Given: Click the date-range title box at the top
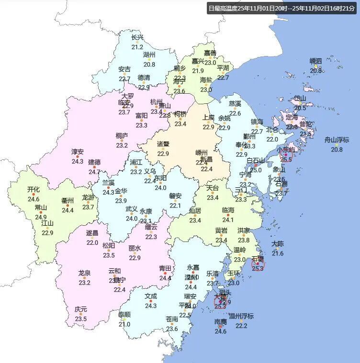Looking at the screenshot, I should (x=282, y=8).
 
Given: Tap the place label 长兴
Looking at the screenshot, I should (x=137, y=37).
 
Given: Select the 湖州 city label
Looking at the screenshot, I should (x=149, y=55).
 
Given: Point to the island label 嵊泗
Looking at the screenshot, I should (x=316, y=61).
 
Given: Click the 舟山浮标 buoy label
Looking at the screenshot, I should (x=337, y=140).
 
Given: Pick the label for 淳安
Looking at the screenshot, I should (x=78, y=152).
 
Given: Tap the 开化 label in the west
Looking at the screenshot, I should (x=34, y=190).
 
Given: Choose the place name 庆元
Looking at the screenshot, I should (x=81, y=309).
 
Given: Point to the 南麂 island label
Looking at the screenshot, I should (x=221, y=322).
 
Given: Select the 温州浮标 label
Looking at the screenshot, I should (x=241, y=316).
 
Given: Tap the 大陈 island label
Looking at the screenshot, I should (x=278, y=244).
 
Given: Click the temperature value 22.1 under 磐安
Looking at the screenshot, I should (x=175, y=206).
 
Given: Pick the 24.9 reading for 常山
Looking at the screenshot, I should (x=41, y=217).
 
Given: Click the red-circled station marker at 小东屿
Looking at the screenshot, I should (x=286, y=155).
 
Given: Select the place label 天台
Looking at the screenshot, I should (x=213, y=188).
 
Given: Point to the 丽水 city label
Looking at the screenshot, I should (x=135, y=248).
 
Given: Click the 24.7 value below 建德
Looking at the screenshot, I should (x=94, y=172).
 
